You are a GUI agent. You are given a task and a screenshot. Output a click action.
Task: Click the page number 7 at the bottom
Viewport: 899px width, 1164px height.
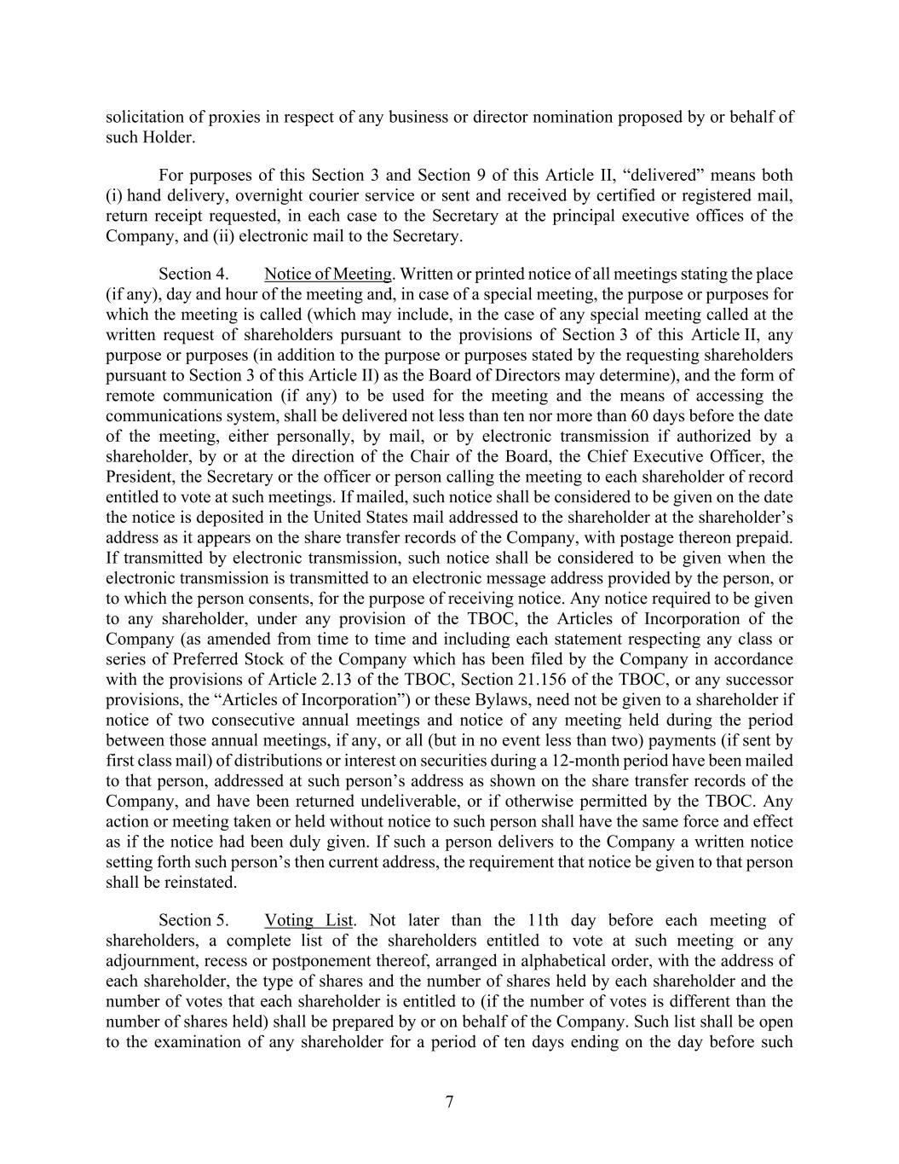(449, 1102)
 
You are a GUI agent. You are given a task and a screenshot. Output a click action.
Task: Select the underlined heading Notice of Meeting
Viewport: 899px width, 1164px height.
(328, 274)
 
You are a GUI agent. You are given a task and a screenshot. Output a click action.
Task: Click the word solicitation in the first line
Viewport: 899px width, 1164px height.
(140, 117)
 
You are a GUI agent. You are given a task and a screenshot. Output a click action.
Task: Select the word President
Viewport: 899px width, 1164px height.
(138, 477)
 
